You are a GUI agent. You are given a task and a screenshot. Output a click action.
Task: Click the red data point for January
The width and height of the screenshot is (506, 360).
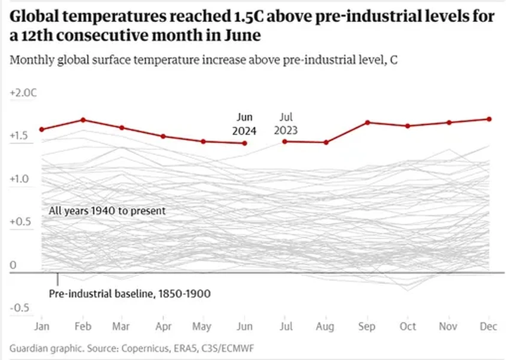pos(42,129)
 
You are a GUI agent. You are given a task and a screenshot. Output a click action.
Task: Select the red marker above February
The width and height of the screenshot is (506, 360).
pos(83,120)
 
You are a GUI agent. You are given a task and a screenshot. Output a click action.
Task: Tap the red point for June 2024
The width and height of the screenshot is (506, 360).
pos(245,143)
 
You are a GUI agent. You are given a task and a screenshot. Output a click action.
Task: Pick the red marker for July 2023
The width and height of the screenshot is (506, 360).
pos(285,141)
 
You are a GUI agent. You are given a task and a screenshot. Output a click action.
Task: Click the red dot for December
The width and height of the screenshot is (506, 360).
pos(489,119)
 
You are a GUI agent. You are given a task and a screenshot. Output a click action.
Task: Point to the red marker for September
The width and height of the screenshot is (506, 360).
pos(367,123)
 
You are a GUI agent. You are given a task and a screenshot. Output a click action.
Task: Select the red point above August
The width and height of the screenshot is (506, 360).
pos(326,142)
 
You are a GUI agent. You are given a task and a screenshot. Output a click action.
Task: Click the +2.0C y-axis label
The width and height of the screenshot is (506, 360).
pos(23,93)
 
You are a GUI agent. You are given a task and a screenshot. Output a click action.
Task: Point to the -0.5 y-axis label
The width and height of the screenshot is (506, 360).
pos(20,307)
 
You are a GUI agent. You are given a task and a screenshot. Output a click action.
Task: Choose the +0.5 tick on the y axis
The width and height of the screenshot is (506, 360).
pos(20,221)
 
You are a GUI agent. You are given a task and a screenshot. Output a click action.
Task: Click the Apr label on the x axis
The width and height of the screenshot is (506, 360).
pos(163,327)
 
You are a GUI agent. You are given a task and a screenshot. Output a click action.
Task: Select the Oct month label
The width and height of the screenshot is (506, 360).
pos(408,327)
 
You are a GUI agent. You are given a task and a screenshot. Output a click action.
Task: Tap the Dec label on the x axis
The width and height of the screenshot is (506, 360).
pos(489,327)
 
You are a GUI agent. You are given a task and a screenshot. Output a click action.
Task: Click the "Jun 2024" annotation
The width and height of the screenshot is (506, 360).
pos(245,124)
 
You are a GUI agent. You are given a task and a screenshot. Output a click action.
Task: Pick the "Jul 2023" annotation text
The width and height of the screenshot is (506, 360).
pos(285,124)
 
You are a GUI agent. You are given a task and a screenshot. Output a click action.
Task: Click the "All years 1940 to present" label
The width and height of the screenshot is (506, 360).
pos(108,211)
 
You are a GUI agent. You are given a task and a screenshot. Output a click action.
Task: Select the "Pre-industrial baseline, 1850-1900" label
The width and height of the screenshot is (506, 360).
pos(130,293)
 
